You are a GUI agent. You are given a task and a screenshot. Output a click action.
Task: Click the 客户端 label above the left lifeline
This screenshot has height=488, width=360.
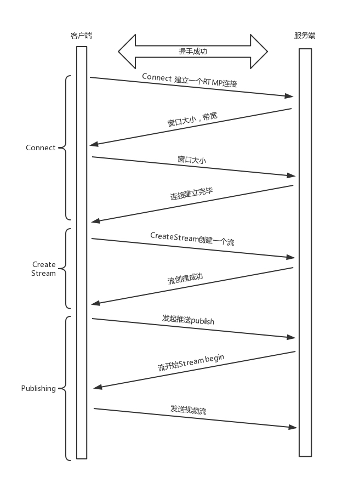pyautogui.click(x=81, y=36)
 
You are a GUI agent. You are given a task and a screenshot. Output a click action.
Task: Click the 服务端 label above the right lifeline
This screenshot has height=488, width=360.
pyautogui.click(x=305, y=36)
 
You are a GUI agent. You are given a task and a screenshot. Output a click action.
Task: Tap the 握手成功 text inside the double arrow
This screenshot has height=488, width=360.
pyautogui.click(x=193, y=52)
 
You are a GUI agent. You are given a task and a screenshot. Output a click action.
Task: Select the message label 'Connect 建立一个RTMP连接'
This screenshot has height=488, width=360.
pyautogui.click(x=190, y=80)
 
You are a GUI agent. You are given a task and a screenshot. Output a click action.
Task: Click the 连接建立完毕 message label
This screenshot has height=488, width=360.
pyautogui.click(x=191, y=194)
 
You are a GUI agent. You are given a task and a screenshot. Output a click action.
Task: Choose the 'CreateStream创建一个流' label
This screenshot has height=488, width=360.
pyautogui.click(x=192, y=239)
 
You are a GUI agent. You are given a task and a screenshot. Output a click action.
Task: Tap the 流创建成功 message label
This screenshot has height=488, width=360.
pyautogui.click(x=185, y=278)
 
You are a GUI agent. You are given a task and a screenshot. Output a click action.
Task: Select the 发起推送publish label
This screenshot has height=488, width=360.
pyautogui.click(x=188, y=319)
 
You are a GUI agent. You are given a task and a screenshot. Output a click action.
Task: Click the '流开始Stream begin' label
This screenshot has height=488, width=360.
pyautogui.click(x=191, y=363)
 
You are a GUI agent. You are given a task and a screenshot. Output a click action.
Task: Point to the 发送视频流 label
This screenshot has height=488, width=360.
pyautogui.click(x=188, y=410)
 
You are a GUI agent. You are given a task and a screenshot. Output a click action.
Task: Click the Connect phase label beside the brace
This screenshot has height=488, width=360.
pyautogui.click(x=41, y=147)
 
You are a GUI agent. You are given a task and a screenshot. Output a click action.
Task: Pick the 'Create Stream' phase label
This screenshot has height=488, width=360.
pyautogui.click(x=44, y=269)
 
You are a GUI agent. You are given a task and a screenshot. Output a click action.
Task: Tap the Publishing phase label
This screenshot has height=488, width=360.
pyautogui.click(x=38, y=388)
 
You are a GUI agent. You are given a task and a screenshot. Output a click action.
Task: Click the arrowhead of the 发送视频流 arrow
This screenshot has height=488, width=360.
pyautogui.click(x=294, y=427)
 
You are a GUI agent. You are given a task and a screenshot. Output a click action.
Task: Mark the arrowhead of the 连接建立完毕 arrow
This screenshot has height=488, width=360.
pyautogui.click(x=95, y=220)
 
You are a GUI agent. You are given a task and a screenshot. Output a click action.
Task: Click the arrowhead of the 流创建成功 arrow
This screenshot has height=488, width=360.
pyautogui.click(x=95, y=303)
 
